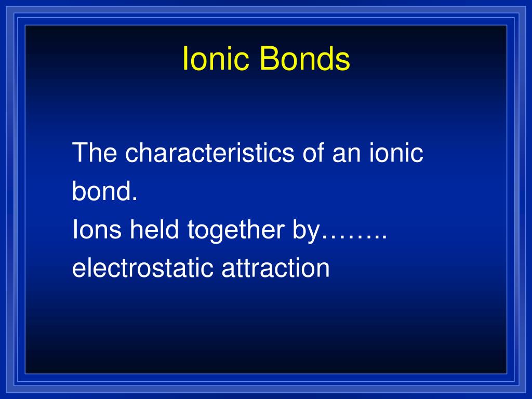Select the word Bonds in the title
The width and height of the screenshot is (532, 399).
(305, 59)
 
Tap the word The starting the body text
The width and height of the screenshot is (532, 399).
(95, 153)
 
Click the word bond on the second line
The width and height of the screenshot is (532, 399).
(102, 192)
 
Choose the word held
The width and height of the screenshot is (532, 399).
(155, 230)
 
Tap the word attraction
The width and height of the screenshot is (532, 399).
(276, 269)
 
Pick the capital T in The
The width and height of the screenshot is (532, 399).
(79, 153)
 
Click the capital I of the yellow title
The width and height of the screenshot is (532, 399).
(185, 59)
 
